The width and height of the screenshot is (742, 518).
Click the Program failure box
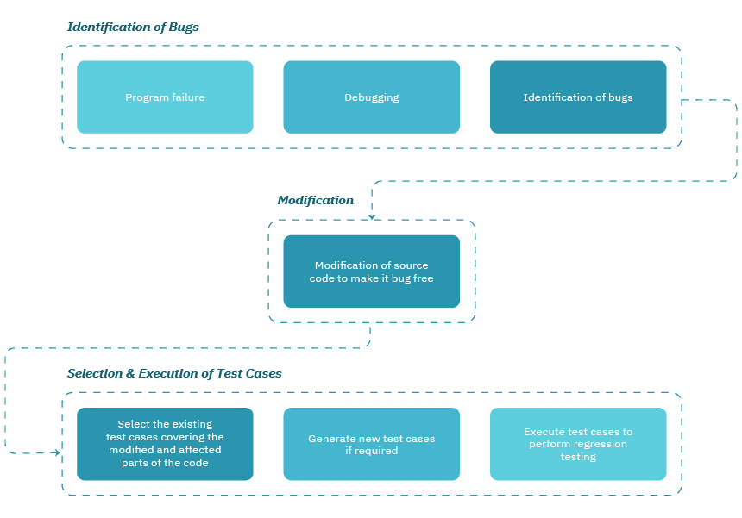[x=165, y=97]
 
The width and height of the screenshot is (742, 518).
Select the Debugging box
[x=371, y=97]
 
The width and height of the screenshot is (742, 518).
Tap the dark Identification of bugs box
[x=578, y=97]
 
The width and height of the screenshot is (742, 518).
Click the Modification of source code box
[x=371, y=271]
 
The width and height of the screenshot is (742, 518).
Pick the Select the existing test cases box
[x=165, y=444]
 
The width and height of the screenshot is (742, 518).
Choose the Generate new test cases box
[x=371, y=444]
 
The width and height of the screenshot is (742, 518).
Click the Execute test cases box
[x=578, y=444]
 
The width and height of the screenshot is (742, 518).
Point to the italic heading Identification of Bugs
[x=133, y=27]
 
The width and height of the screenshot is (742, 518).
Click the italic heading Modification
[x=315, y=200]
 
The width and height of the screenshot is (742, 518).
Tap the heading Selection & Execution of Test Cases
[x=174, y=373]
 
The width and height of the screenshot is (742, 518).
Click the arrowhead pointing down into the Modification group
[x=372, y=216]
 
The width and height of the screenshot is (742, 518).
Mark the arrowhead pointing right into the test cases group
[x=57, y=452]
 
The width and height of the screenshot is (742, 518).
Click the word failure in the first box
[x=187, y=97]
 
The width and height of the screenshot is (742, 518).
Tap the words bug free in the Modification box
[x=412, y=278]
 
